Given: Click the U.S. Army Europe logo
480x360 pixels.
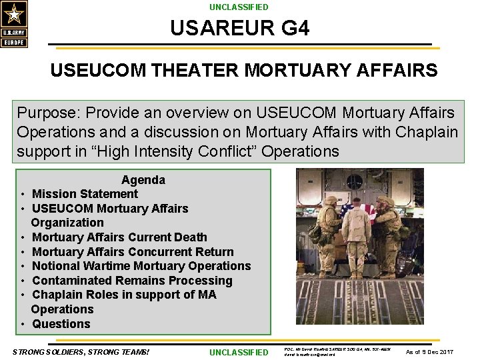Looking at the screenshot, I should (x=14, y=24).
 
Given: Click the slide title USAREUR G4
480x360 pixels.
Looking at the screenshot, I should (x=239, y=29).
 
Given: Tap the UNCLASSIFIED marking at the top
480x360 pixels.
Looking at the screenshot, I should (x=239, y=7).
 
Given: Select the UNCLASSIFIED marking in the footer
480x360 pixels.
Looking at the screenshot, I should (x=239, y=352).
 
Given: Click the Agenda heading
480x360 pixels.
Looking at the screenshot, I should (x=143, y=180).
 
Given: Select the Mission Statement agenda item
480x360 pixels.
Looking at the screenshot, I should (x=85, y=194).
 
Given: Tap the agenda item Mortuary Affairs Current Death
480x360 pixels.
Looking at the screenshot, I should (x=119, y=237).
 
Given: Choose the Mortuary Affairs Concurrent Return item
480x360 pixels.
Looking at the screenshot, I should (x=133, y=252).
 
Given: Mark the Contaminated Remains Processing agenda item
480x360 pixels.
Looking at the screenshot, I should (x=132, y=281).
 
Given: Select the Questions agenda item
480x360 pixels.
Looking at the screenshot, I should (x=61, y=324).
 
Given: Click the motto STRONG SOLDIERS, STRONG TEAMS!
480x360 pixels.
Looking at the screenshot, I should (x=81, y=352).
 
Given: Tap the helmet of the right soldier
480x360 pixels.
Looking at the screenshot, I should (x=384, y=201).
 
